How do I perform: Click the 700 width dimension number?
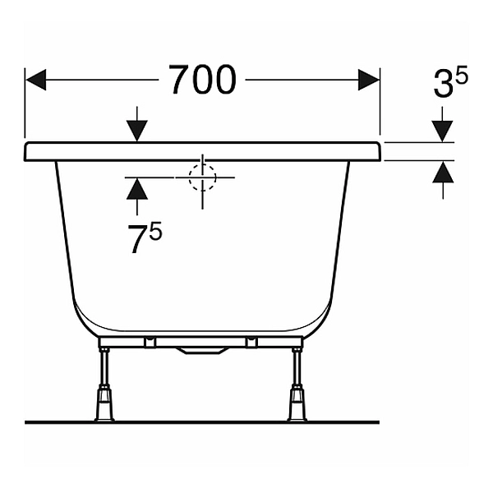[202, 80]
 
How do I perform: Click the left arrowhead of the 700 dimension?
[36, 80]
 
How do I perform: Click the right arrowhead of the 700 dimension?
[369, 80]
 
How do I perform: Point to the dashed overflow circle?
[202, 177]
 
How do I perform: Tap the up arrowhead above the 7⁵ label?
[137, 188]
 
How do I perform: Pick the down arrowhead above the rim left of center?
[137, 131]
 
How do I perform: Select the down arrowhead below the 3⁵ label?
[442, 131]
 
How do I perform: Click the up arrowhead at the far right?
[443, 172]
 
